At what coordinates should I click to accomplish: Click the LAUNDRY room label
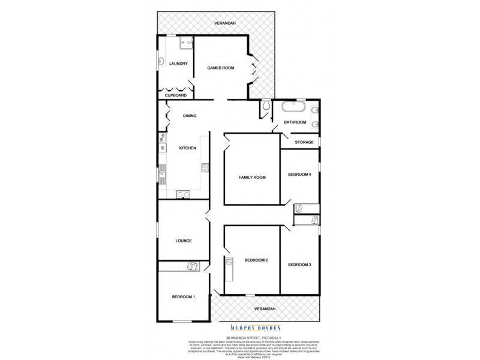click(x=179, y=64)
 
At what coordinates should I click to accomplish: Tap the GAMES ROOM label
click(x=220, y=68)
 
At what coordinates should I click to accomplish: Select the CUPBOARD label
click(x=176, y=95)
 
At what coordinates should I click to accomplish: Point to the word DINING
click(x=190, y=116)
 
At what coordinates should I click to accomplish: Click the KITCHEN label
click(x=188, y=148)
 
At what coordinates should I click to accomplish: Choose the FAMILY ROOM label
click(x=252, y=177)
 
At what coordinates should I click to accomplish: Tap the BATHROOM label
click(x=295, y=122)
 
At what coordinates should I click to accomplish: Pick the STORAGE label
click(x=304, y=142)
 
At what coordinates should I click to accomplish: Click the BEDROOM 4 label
click(x=299, y=175)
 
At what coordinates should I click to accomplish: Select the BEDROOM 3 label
click(x=299, y=265)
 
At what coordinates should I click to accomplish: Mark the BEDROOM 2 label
click(x=256, y=260)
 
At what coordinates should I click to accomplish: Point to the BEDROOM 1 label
click(x=183, y=297)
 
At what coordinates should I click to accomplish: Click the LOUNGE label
click(x=184, y=241)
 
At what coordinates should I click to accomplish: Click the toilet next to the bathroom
click(x=265, y=107)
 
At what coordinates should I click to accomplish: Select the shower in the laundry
click(x=185, y=44)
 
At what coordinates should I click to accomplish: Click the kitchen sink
click(x=162, y=176)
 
